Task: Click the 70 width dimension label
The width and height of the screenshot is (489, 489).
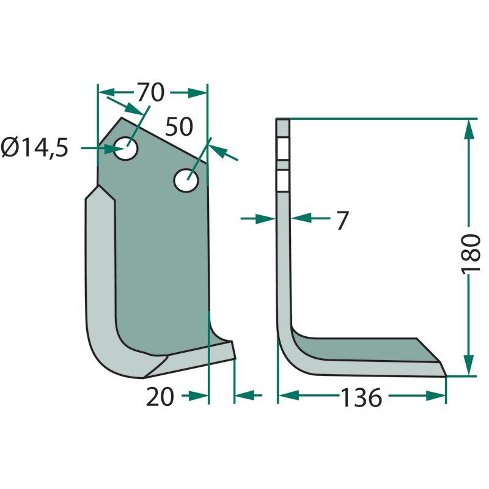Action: click(150, 93)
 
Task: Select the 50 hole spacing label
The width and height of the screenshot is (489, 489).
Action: click(178, 127)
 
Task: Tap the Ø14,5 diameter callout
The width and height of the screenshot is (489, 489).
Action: click(34, 148)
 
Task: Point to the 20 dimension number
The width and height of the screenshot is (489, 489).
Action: click(160, 397)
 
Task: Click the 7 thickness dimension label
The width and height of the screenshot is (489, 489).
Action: click(342, 221)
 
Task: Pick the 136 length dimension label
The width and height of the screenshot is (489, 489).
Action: click(361, 397)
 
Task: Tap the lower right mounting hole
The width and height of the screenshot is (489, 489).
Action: click(186, 180)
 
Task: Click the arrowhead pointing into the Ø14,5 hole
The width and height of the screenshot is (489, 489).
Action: click(112, 149)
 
